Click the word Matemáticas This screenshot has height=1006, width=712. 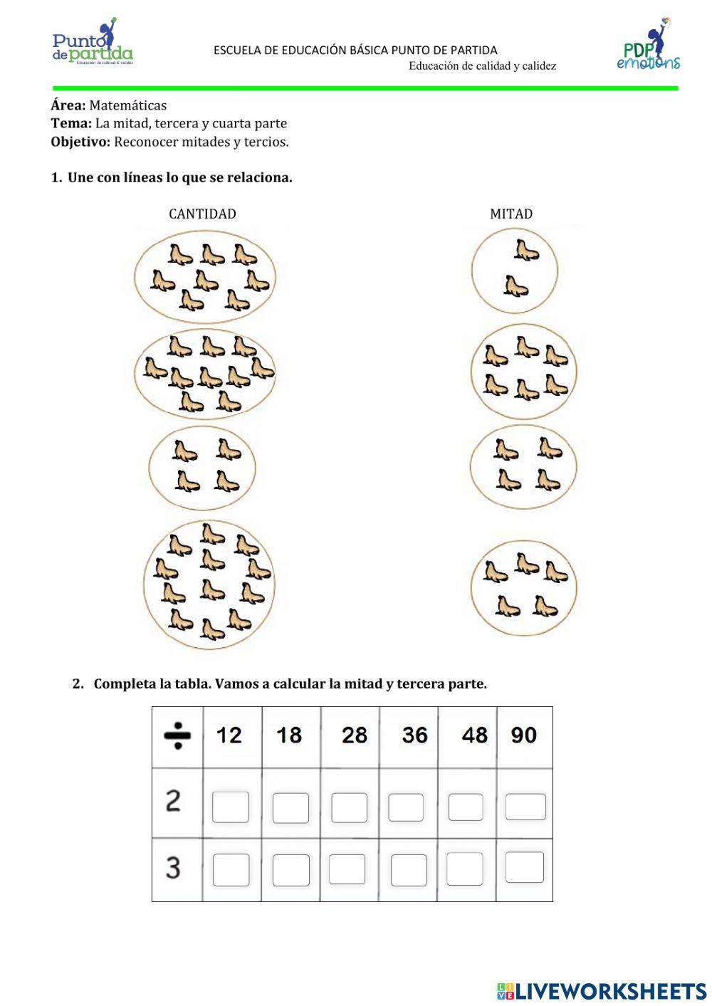[x=127, y=105]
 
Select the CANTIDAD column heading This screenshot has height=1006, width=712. [x=202, y=214]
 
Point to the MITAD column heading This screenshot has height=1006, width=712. [x=511, y=214]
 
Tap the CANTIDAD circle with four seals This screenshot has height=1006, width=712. [x=202, y=467]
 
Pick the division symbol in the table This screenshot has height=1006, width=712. [x=177, y=736]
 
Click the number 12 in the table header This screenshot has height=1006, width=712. [x=229, y=735]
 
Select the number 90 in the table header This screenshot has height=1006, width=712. [x=523, y=735]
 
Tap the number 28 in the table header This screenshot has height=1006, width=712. [x=354, y=735]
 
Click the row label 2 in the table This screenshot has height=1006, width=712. [x=173, y=802]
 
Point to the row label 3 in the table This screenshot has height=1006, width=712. [x=173, y=868]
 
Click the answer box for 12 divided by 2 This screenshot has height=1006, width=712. [x=231, y=807]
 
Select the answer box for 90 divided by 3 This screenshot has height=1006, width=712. [x=525, y=867]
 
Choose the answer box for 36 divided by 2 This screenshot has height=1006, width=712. [x=406, y=807]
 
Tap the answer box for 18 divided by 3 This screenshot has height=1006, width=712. [x=291, y=870]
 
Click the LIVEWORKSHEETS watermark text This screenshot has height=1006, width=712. [x=610, y=990]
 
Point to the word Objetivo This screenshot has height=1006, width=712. [x=80, y=142]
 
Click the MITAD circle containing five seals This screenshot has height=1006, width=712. [x=524, y=587]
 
